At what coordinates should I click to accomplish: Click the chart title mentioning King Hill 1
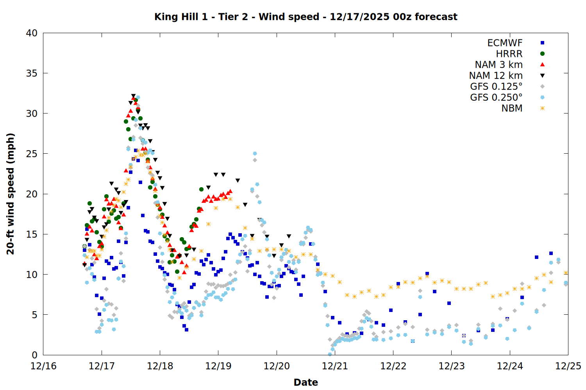tap(306, 17)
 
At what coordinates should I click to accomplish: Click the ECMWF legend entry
tap(505, 43)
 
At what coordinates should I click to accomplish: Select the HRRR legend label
tap(509, 54)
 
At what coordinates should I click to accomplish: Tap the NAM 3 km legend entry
tap(498, 65)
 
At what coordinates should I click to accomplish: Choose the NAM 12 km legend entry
tap(496, 76)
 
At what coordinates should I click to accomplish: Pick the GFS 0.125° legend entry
tap(496, 87)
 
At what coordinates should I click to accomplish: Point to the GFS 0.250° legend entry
tap(496, 97)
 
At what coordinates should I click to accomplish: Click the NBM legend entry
tap(512, 108)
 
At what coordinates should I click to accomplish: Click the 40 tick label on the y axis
tap(32, 33)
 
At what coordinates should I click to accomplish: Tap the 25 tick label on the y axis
tap(32, 154)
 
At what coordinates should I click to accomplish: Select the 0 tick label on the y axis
tap(35, 355)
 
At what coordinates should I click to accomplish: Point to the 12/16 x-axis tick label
tap(43, 366)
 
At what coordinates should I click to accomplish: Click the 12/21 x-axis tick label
tap(335, 366)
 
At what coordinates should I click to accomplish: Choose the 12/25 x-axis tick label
tap(568, 366)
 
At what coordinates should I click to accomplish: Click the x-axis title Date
tap(306, 382)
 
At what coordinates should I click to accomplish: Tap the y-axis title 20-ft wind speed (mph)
tap(11, 194)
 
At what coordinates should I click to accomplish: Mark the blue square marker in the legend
tap(542, 43)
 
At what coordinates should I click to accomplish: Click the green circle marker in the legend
tap(542, 54)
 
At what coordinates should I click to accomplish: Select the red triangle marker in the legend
tap(542, 64)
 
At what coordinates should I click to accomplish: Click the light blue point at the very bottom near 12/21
tap(330, 354)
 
